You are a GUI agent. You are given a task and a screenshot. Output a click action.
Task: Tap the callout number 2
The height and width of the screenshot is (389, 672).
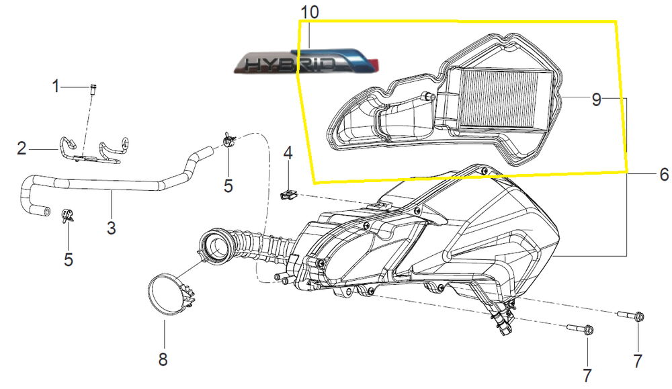pos(22,148)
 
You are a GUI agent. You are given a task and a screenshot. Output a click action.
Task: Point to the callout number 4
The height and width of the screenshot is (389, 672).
pos(288,153)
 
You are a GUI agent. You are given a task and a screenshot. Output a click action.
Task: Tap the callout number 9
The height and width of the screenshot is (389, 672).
pos(596,99)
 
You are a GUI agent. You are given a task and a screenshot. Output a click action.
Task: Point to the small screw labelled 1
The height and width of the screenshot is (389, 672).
pos(91,87)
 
